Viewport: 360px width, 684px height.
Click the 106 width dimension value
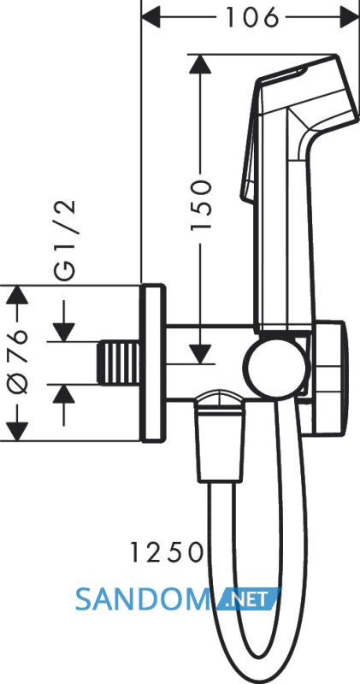tap(252, 18)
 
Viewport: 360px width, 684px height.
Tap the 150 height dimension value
tap(202, 204)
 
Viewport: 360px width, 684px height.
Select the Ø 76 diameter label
tap(18, 362)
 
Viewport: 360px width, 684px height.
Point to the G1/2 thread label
tap(65, 239)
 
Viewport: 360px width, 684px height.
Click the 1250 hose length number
tap(168, 552)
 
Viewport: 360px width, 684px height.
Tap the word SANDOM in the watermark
tap(142, 599)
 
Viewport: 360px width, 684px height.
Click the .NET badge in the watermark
tap(248, 599)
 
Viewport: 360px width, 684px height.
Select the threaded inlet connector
tap(119, 363)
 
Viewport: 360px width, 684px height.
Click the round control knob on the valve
tap(276, 367)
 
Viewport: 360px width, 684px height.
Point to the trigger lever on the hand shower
tap(250, 144)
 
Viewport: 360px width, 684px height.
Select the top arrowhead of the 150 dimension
tap(201, 64)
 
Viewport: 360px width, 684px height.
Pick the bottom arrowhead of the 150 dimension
tap(201, 354)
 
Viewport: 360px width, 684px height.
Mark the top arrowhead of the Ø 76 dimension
tap(17, 295)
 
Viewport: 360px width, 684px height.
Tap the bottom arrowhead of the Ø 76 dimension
tap(17, 432)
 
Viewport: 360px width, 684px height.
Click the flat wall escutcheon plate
tap(153, 363)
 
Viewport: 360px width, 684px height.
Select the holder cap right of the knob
tap(328, 378)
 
